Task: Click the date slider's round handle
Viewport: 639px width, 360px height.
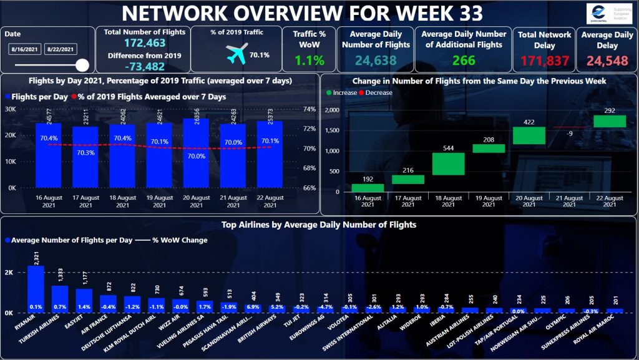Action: click(x=82, y=64)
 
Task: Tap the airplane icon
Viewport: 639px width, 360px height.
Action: click(x=237, y=54)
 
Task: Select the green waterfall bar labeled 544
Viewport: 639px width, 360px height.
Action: click(x=449, y=163)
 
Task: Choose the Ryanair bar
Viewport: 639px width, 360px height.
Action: click(x=36, y=288)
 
